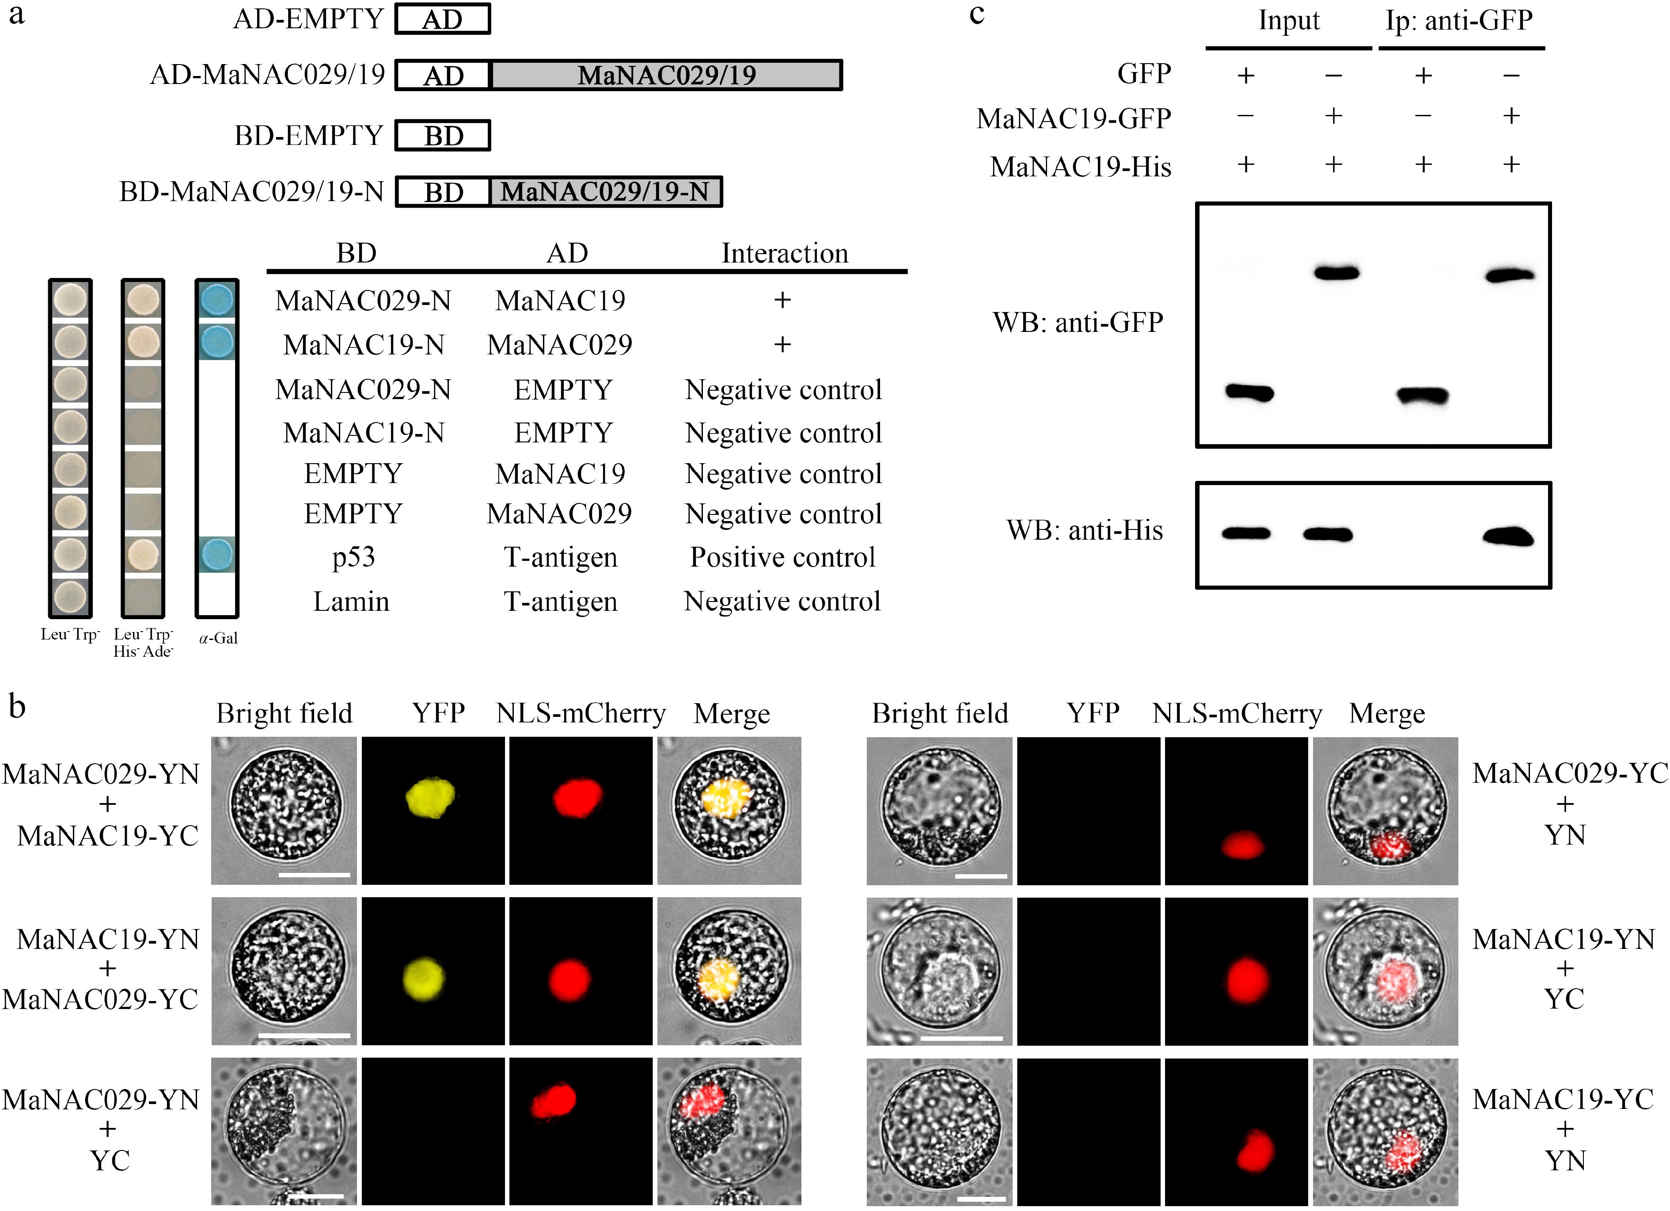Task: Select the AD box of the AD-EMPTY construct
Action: (443, 19)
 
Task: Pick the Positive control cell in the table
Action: (783, 558)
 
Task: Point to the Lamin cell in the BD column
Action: (351, 602)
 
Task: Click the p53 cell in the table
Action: (353, 558)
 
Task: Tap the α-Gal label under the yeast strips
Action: (218, 638)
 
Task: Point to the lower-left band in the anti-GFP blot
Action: (1249, 392)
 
